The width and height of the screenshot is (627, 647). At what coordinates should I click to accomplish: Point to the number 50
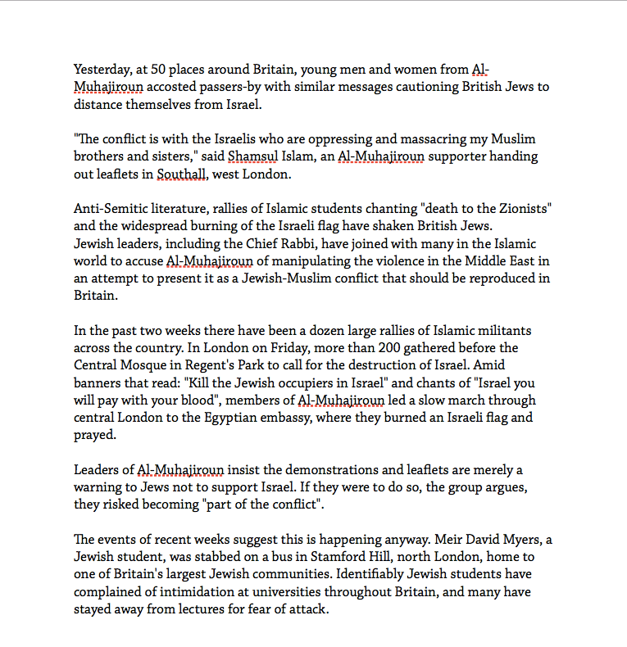(161, 70)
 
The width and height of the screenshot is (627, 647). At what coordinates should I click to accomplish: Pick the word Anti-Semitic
(111, 209)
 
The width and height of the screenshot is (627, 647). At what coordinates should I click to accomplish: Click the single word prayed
(94, 435)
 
